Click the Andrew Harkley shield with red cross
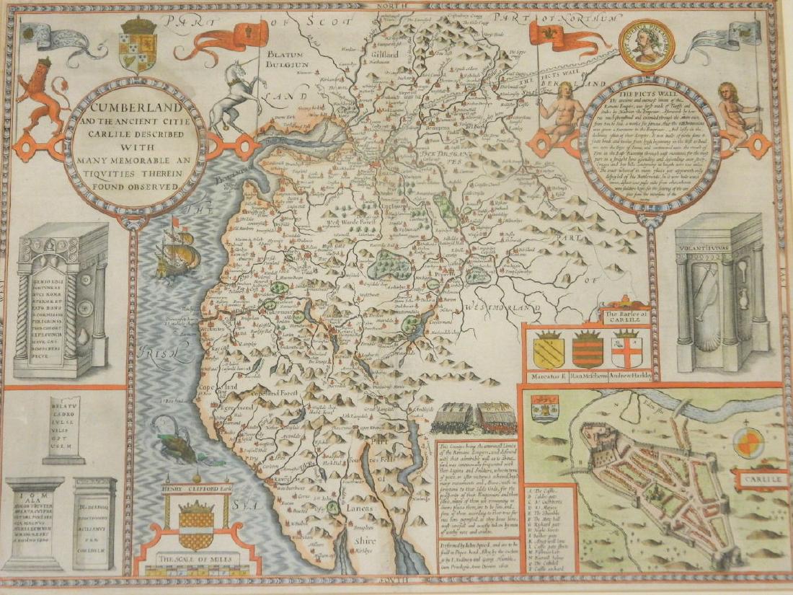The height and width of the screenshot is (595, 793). [626, 351]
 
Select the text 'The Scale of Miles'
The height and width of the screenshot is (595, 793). [197, 560]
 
